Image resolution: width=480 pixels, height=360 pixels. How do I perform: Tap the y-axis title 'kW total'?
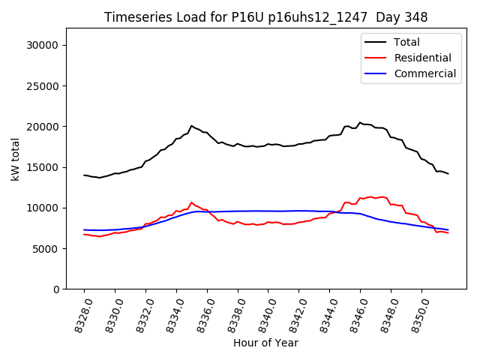click(15, 158)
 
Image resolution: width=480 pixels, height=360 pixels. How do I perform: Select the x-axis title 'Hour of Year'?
click(265, 343)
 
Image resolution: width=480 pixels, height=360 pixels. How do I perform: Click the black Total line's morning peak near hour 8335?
click(191, 126)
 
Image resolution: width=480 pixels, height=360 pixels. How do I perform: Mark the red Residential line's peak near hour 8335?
click(191, 202)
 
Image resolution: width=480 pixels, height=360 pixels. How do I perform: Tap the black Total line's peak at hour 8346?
click(360, 122)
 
